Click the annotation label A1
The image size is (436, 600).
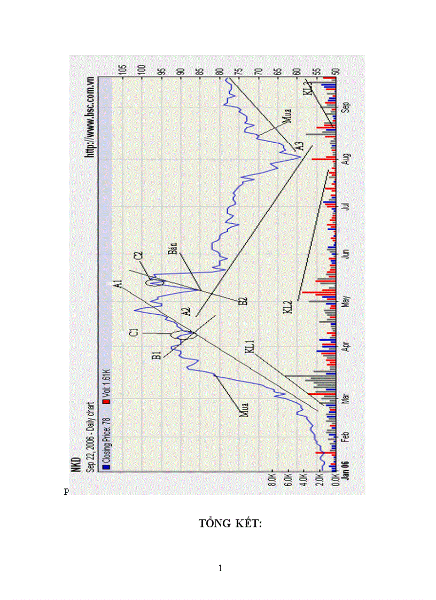point(119,284)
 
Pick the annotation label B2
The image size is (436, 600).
point(243,301)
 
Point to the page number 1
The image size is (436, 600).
point(220,568)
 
